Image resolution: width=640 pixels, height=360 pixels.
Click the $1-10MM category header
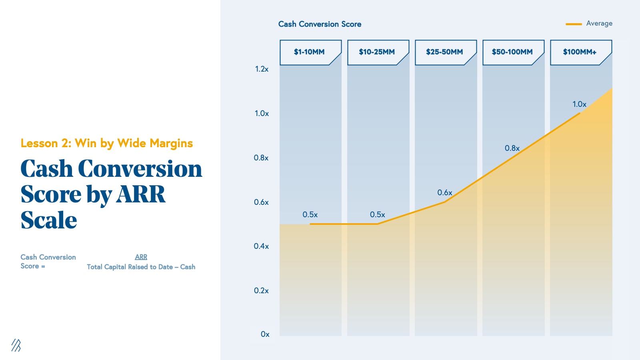[x=309, y=52]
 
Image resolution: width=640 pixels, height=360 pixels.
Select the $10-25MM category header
[x=377, y=52]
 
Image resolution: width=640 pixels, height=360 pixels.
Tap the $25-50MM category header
[x=444, y=52]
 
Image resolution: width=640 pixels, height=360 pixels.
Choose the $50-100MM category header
[x=512, y=52]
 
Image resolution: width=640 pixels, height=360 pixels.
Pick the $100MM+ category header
[x=580, y=52]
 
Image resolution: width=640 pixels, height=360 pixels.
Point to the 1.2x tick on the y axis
[x=262, y=69]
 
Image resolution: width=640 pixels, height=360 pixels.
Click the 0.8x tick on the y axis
[x=261, y=158]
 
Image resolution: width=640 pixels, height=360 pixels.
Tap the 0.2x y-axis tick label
[x=261, y=291]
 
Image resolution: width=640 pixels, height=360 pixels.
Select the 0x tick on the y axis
[x=265, y=334]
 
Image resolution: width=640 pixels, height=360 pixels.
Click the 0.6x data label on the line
[x=445, y=193]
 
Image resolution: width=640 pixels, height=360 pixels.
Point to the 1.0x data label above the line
[x=579, y=104]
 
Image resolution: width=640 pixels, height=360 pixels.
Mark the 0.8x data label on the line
[x=512, y=148]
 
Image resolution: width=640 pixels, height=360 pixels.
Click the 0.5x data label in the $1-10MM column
[x=310, y=215]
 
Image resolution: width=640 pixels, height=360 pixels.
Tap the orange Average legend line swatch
[x=574, y=24]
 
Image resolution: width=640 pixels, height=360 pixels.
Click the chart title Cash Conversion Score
[x=320, y=24]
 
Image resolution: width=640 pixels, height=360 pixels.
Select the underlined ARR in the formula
[x=141, y=257]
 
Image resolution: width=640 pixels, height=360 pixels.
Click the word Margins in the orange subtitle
[x=171, y=143]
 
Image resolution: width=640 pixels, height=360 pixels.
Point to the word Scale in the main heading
[x=49, y=220]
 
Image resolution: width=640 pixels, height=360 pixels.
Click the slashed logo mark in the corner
[x=16, y=345]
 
